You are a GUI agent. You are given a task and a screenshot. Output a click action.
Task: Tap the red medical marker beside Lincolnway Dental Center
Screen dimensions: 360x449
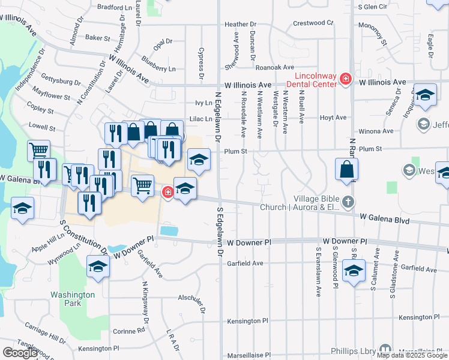pos(345,79)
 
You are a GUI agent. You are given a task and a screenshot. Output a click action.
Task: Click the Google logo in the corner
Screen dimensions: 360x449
pos(20,353)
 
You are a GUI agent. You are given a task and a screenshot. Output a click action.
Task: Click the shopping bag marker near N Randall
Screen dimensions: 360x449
pos(348,169)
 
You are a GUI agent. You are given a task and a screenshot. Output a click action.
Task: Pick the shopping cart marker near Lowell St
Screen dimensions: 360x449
pos(39,150)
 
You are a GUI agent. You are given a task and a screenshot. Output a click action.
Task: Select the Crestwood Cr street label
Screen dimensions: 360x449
pos(313,23)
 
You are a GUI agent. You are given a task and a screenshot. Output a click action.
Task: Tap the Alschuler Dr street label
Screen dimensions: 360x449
pos(191,298)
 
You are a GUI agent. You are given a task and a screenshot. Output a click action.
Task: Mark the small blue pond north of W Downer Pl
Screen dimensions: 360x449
pos(170,230)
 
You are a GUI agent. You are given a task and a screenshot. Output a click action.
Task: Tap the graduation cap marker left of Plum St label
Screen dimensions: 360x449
pos(199,160)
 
